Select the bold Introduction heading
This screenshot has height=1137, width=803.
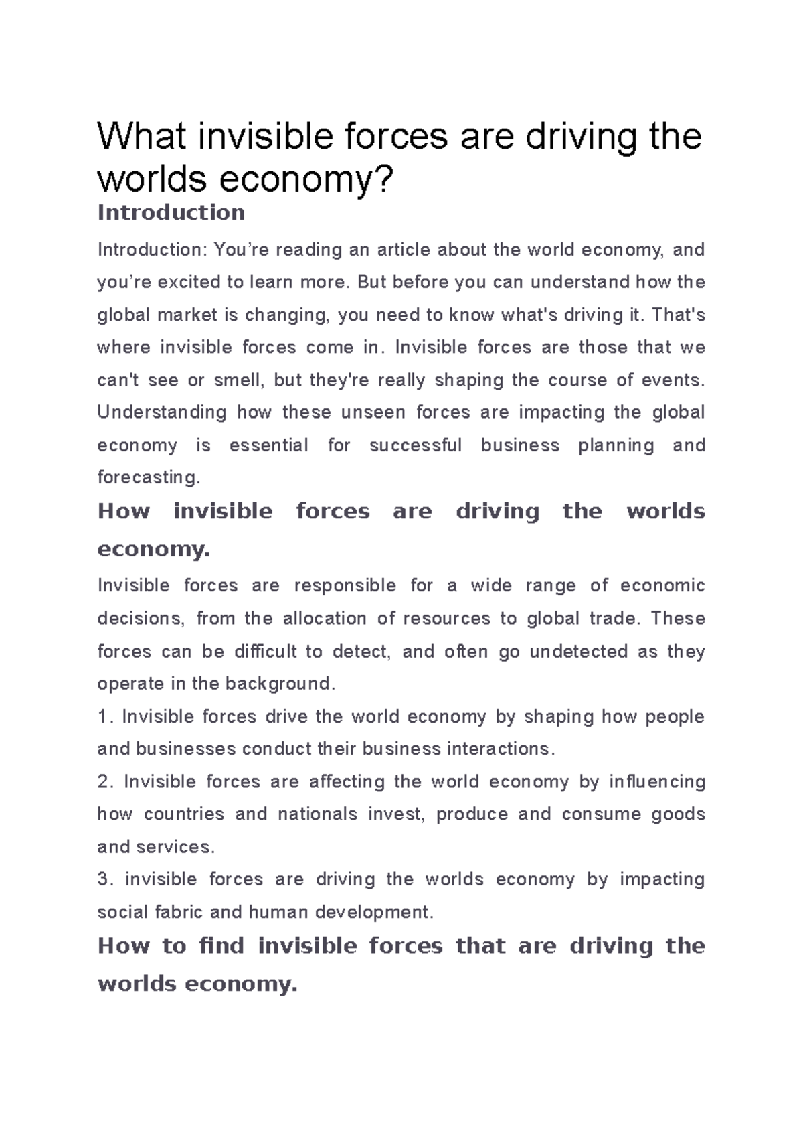171,213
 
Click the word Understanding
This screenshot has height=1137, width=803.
162,412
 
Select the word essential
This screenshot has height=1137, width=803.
269,445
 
